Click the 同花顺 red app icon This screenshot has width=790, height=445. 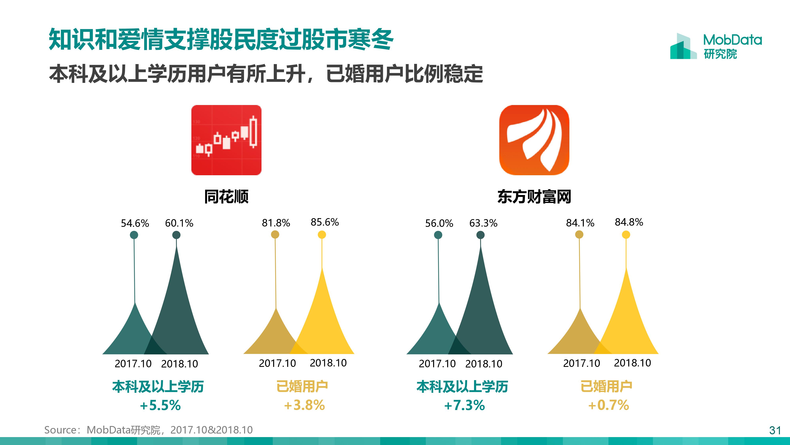[226, 140]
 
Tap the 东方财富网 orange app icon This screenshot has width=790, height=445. [534, 140]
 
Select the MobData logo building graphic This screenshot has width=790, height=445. [684, 47]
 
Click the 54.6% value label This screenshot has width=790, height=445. [135, 223]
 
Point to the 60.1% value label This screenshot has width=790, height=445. [179, 223]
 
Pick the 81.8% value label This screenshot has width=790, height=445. [276, 223]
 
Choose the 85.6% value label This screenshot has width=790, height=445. [324, 222]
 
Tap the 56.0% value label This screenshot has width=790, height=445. [439, 223]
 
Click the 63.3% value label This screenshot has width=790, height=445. [483, 223]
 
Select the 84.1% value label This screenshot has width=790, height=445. [580, 223]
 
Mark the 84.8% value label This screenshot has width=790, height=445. [629, 222]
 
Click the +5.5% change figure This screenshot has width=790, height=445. [160, 405]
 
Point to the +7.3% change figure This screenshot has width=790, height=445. [465, 405]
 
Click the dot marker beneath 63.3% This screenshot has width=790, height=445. [481, 235]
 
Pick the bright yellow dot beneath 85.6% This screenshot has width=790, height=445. [322, 235]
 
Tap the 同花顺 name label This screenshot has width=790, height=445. [226, 197]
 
